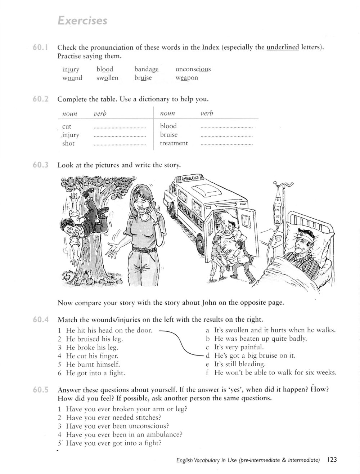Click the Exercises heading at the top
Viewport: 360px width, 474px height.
click(82, 21)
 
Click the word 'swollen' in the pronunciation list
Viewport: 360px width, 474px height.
click(107, 78)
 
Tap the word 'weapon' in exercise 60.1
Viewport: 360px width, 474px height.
click(186, 78)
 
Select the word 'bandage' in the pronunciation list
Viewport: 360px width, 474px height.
click(146, 69)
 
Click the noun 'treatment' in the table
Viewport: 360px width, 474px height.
click(174, 143)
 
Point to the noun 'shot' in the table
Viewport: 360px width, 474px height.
click(68, 143)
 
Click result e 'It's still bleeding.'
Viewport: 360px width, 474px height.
click(239, 364)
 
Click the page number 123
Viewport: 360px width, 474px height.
click(332, 460)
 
